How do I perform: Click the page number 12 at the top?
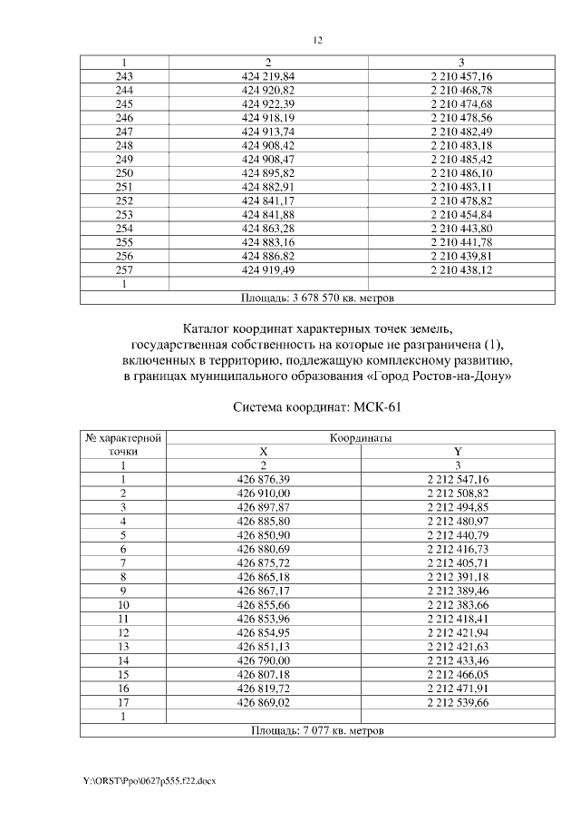[317, 40]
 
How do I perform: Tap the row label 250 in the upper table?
[125, 172]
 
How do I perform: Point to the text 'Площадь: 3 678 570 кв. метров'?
[317, 297]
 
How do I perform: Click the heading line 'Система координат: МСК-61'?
[316, 406]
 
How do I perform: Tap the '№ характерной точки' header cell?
[123, 444]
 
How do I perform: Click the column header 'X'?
[264, 451]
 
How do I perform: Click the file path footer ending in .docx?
[150, 780]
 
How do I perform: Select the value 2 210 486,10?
[461, 172]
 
